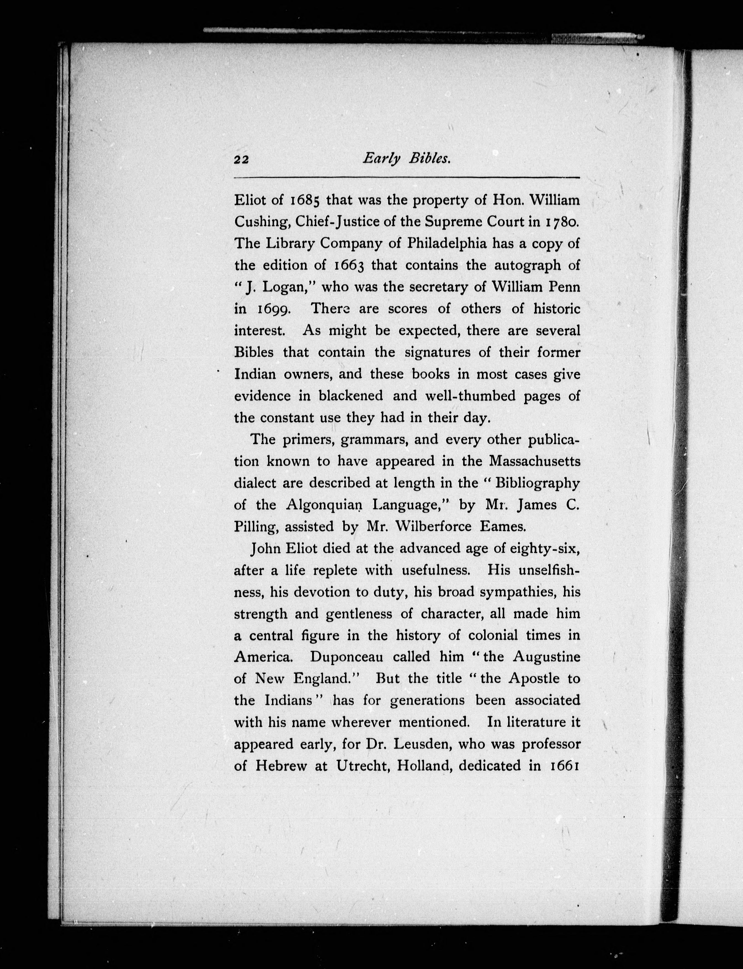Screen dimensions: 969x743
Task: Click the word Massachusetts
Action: pyautogui.click(x=534, y=461)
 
